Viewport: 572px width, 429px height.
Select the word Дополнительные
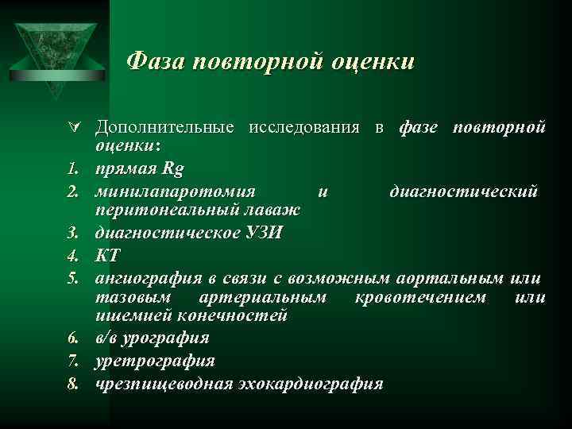point(164,128)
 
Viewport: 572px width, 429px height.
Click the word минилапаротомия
point(176,191)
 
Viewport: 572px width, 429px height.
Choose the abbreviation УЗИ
point(260,234)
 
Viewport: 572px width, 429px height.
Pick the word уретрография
point(154,361)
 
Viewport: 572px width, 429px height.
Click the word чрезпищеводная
point(164,384)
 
